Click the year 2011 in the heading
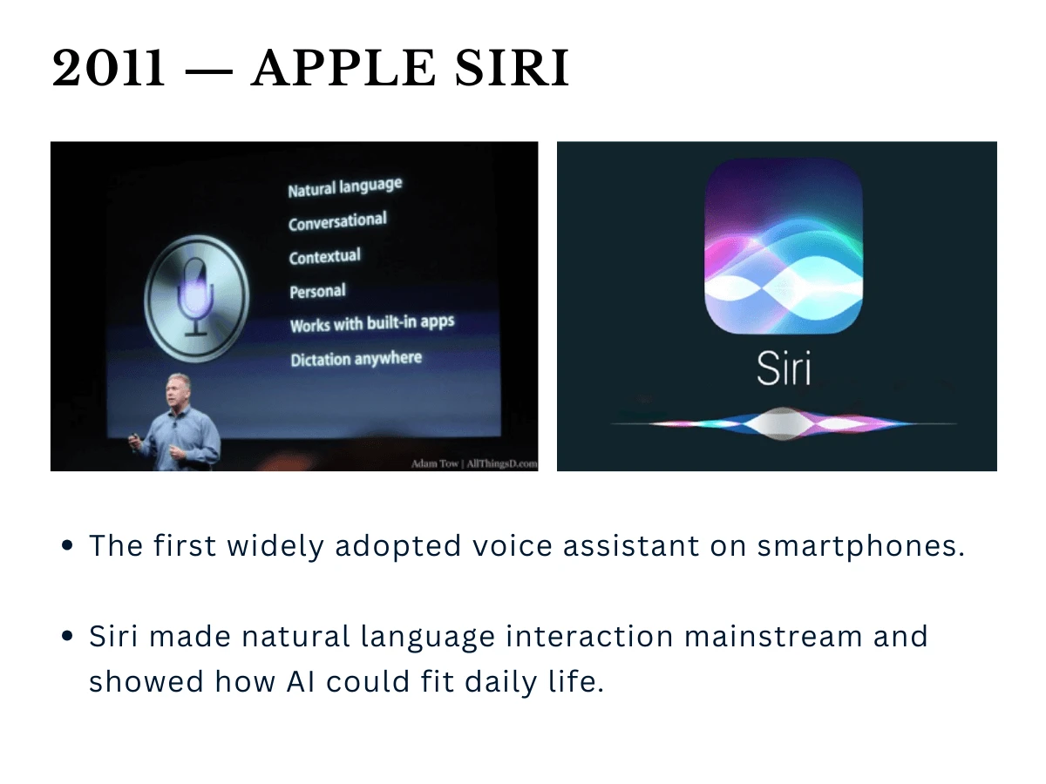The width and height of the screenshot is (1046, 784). (x=108, y=68)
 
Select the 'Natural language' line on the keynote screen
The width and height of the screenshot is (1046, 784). (x=345, y=187)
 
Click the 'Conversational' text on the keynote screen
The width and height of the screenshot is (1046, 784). (x=337, y=222)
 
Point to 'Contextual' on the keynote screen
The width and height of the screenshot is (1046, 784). (x=324, y=257)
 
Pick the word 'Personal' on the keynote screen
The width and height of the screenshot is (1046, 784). (x=317, y=292)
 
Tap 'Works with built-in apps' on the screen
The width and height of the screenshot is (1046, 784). (x=372, y=325)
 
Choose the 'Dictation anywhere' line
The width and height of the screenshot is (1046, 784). (x=356, y=359)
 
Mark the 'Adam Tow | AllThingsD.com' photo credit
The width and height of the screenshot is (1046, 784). (x=473, y=463)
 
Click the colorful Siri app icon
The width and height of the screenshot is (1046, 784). (x=783, y=247)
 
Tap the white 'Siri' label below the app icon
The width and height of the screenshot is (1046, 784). (x=783, y=368)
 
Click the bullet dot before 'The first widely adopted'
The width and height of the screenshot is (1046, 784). (x=68, y=547)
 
